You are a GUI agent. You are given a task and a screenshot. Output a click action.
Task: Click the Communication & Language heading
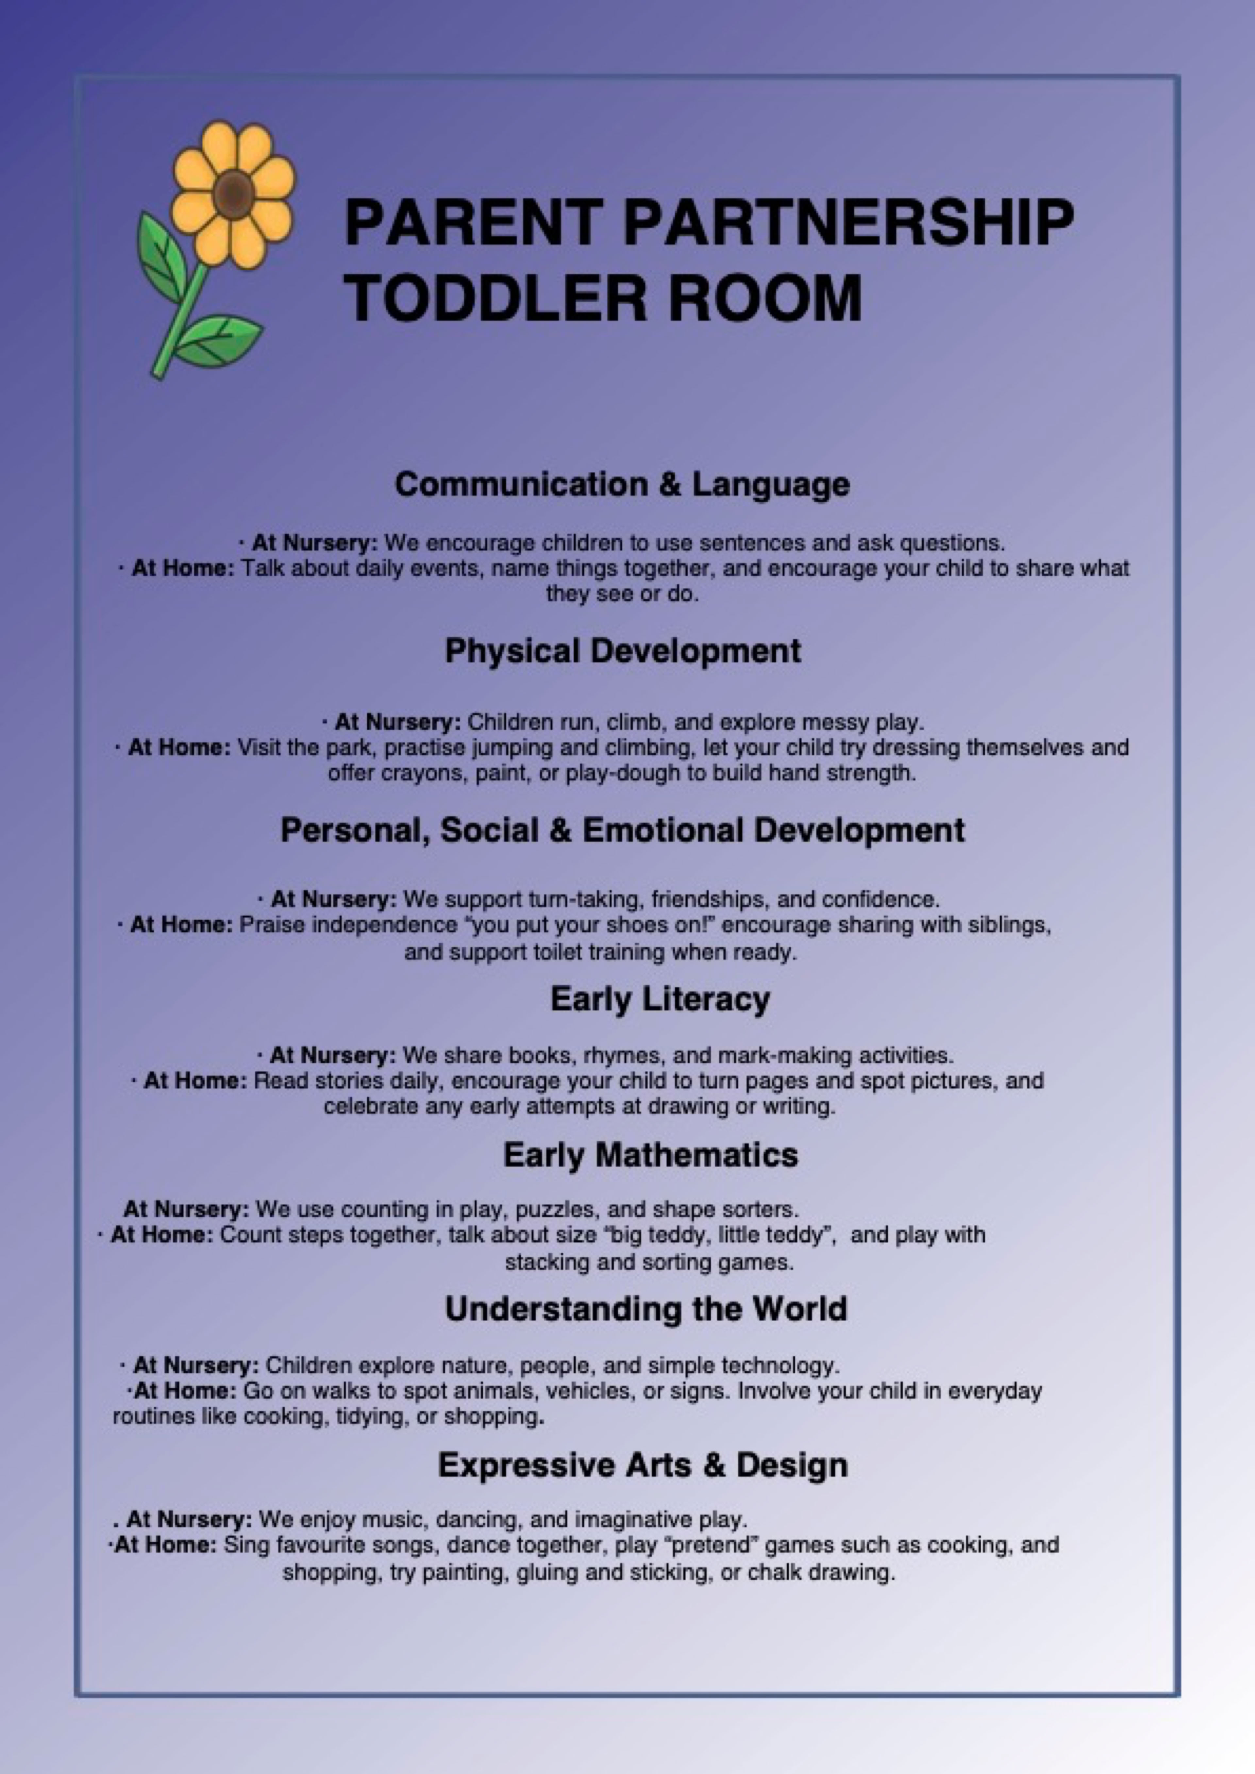pos(622,484)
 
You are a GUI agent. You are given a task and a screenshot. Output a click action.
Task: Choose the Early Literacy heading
pos(660,999)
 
